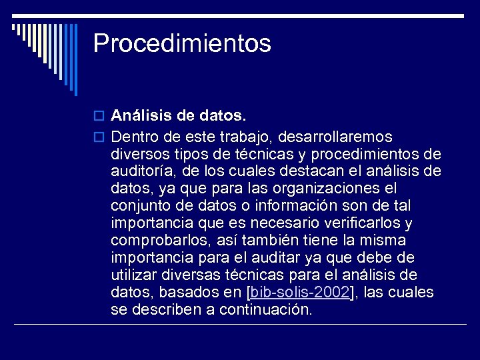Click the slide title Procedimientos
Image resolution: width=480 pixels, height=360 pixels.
(182, 44)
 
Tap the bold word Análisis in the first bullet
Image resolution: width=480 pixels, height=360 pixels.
(139, 116)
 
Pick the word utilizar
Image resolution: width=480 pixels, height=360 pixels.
(133, 275)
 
